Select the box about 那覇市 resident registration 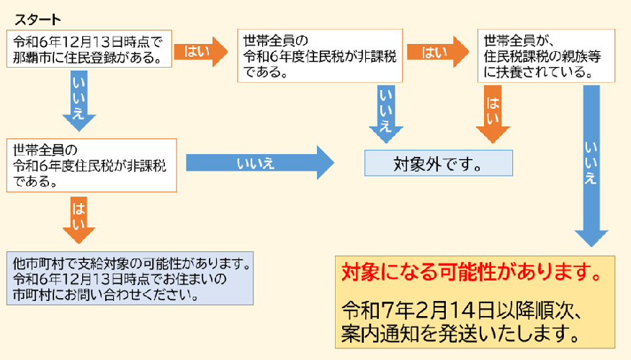pos(90,49)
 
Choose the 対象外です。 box pos(438,163)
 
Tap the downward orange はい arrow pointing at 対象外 pos(493,114)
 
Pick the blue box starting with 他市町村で pos(130,276)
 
